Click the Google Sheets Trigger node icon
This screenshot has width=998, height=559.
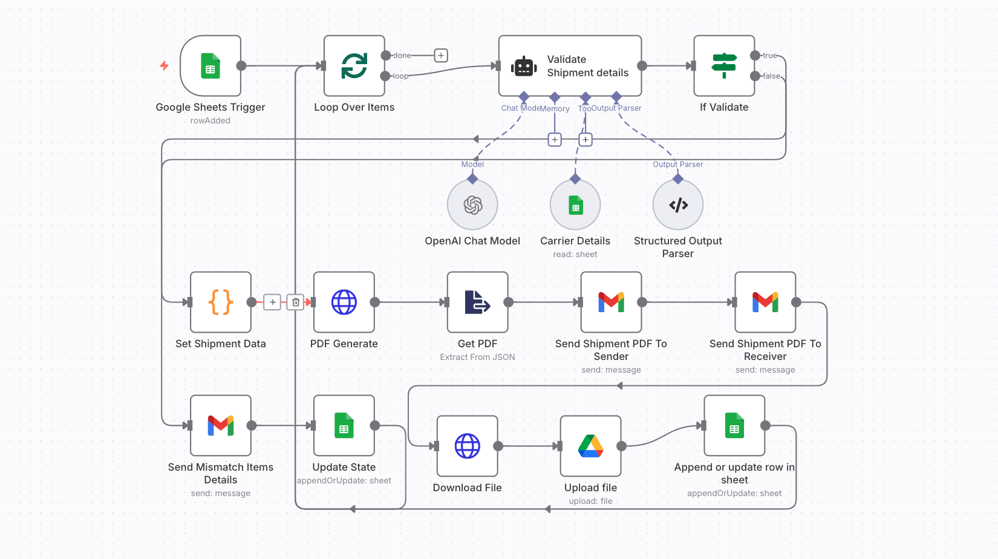[210, 66]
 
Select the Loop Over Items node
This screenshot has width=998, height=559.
[354, 66]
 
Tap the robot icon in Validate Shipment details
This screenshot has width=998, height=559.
[524, 67]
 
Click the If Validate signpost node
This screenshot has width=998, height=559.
[724, 66]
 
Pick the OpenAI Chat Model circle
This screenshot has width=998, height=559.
[472, 205]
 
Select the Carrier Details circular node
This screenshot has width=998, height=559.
[575, 205]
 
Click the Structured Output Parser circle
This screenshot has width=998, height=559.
[678, 205]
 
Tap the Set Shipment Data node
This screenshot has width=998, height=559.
[221, 302]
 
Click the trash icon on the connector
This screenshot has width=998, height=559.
[296, 302]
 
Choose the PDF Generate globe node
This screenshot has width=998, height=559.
[344, 302]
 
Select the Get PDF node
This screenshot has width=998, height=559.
[478, 302]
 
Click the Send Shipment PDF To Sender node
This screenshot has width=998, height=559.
[611, 302]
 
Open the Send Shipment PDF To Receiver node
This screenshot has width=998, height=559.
[765, 302]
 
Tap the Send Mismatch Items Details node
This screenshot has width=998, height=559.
[221, 425]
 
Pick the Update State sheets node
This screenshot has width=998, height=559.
[344, 425]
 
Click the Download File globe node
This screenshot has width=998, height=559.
[468, 446]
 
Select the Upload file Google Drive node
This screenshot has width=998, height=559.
[591, 446]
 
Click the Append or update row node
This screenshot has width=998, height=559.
[734, 425]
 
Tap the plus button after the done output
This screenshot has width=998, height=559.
[442, 56]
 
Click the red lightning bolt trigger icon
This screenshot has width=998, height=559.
[165, 65]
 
